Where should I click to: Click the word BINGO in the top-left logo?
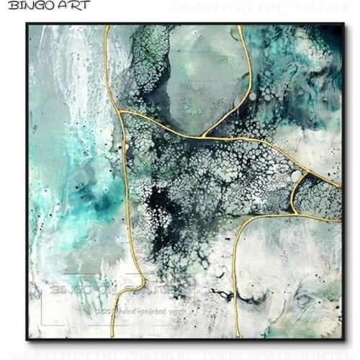tap(29, 6)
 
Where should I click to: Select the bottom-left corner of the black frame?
tap(27, 339)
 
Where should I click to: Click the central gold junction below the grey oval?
tap(204, 135)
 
